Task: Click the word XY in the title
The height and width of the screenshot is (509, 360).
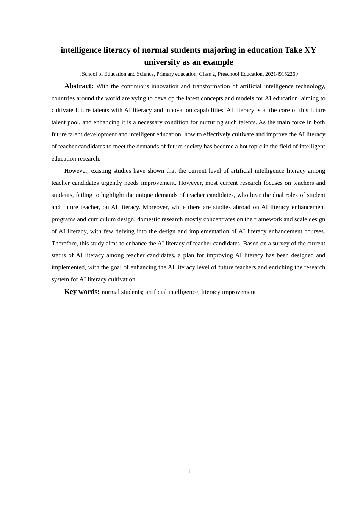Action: pyautogui.click(x=310, y=50)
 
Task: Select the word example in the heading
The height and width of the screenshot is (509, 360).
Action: pyautogui.click(x=218, y=62)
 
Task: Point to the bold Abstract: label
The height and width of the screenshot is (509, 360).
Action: pyautogui.click(x=79, y=86)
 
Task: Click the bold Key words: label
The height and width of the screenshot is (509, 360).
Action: pyautogui.click(x=82, y=292)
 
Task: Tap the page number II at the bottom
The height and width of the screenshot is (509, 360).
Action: pyautogui.click(x=188, y=472)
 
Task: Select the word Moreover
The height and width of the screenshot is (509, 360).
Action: pyautogui.click(x=155, y=207)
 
